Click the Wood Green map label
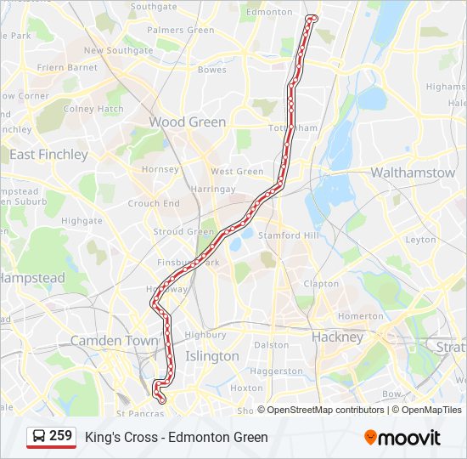(188, 122)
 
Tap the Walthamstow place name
(413, 173)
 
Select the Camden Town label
(114, 340)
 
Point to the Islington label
(212, 356)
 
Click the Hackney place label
(337, 337)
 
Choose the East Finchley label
(48, 155)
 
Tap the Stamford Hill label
(290, 235)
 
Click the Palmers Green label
(181, 30)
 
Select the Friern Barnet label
(69, 67)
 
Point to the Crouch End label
(154, 204)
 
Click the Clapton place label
(321, 284)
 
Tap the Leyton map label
(420, 240)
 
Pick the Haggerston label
(277, 371)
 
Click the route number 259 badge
(60, 436)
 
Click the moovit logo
(402, 438)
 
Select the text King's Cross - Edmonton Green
(177, 438)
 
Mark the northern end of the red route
(312, 17)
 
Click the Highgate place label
(82, 220)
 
